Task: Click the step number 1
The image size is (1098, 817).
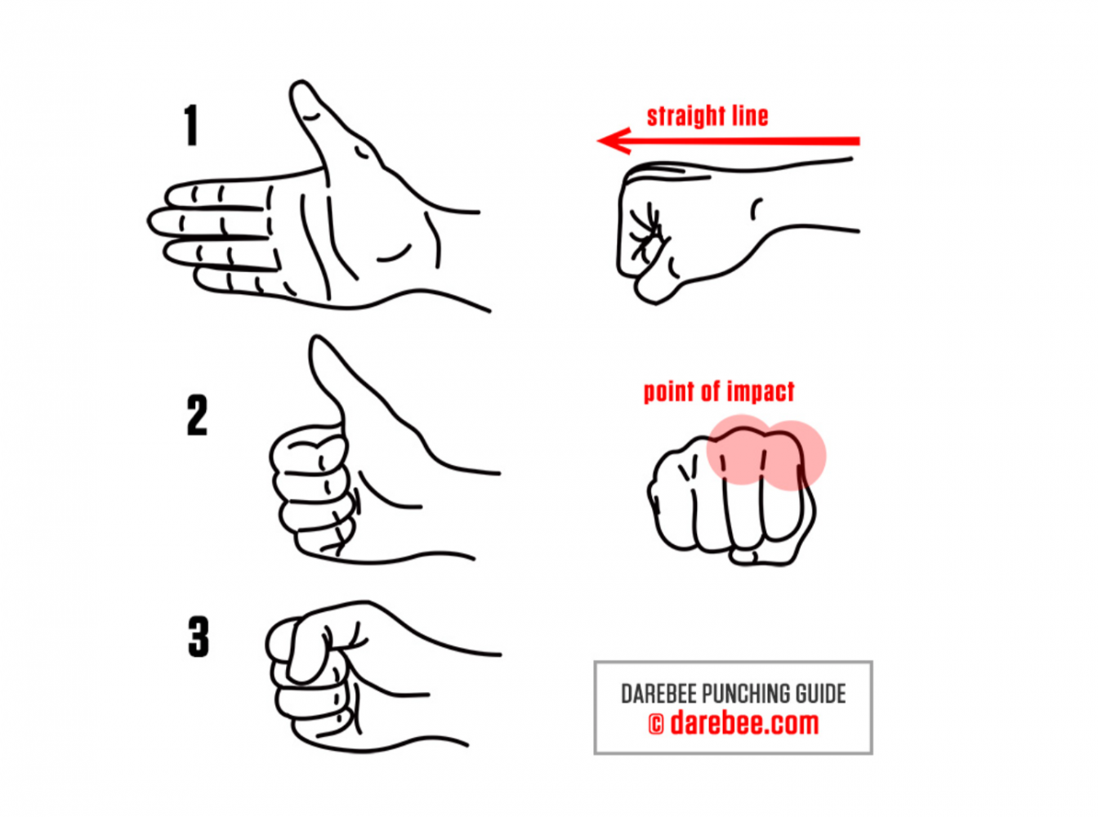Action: point(191,126)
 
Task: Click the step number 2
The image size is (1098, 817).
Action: point(197,416)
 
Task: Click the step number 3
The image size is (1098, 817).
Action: point(198,636)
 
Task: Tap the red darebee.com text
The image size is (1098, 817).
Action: point(744,723)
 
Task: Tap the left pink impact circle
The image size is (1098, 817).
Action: point(741,449)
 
